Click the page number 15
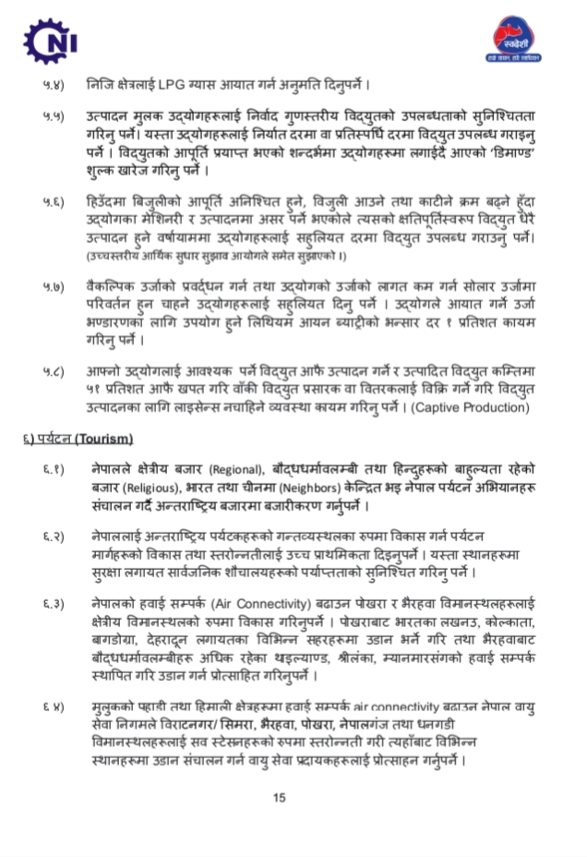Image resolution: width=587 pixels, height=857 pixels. pos(280,800)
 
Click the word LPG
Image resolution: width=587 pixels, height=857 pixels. pos(187,86)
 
